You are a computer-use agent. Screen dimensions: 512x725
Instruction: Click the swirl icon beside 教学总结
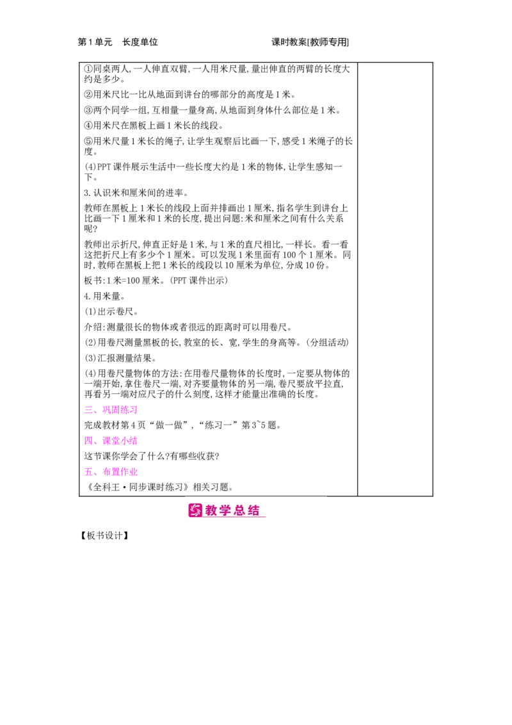click(x=195, y=510)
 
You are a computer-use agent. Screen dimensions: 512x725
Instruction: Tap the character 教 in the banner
click(x=212, y=510)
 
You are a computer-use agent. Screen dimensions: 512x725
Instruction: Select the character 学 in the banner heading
click(x=226, y=510)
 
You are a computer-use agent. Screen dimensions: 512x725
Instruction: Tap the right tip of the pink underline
click(x=265, y=517)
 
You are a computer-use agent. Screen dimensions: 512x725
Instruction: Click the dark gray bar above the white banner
click(x=256, y=494)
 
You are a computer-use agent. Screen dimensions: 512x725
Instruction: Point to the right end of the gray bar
click(x=326, y=494)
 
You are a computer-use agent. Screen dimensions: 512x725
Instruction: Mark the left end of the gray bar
click(x=186, y=494)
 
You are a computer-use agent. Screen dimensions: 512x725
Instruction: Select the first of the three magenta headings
click(x=110, y=410)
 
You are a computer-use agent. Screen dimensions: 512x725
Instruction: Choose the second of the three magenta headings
click(x=110, y=441)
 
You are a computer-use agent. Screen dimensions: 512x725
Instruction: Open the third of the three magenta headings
click(x=110, y=472)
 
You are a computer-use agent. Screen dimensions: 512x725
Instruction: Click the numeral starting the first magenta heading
click(x=86, y=410)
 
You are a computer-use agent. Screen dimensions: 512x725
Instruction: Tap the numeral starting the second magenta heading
click(x=86, y=441)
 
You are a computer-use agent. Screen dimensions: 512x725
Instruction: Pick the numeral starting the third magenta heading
click(x=86, y=472)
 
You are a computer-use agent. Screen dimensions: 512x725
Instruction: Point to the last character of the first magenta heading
click(x=134, y=410)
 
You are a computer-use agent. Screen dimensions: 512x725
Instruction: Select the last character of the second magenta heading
click(x=134, y=441)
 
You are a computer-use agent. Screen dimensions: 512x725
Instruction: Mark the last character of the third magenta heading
click(x=134, y=472)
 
